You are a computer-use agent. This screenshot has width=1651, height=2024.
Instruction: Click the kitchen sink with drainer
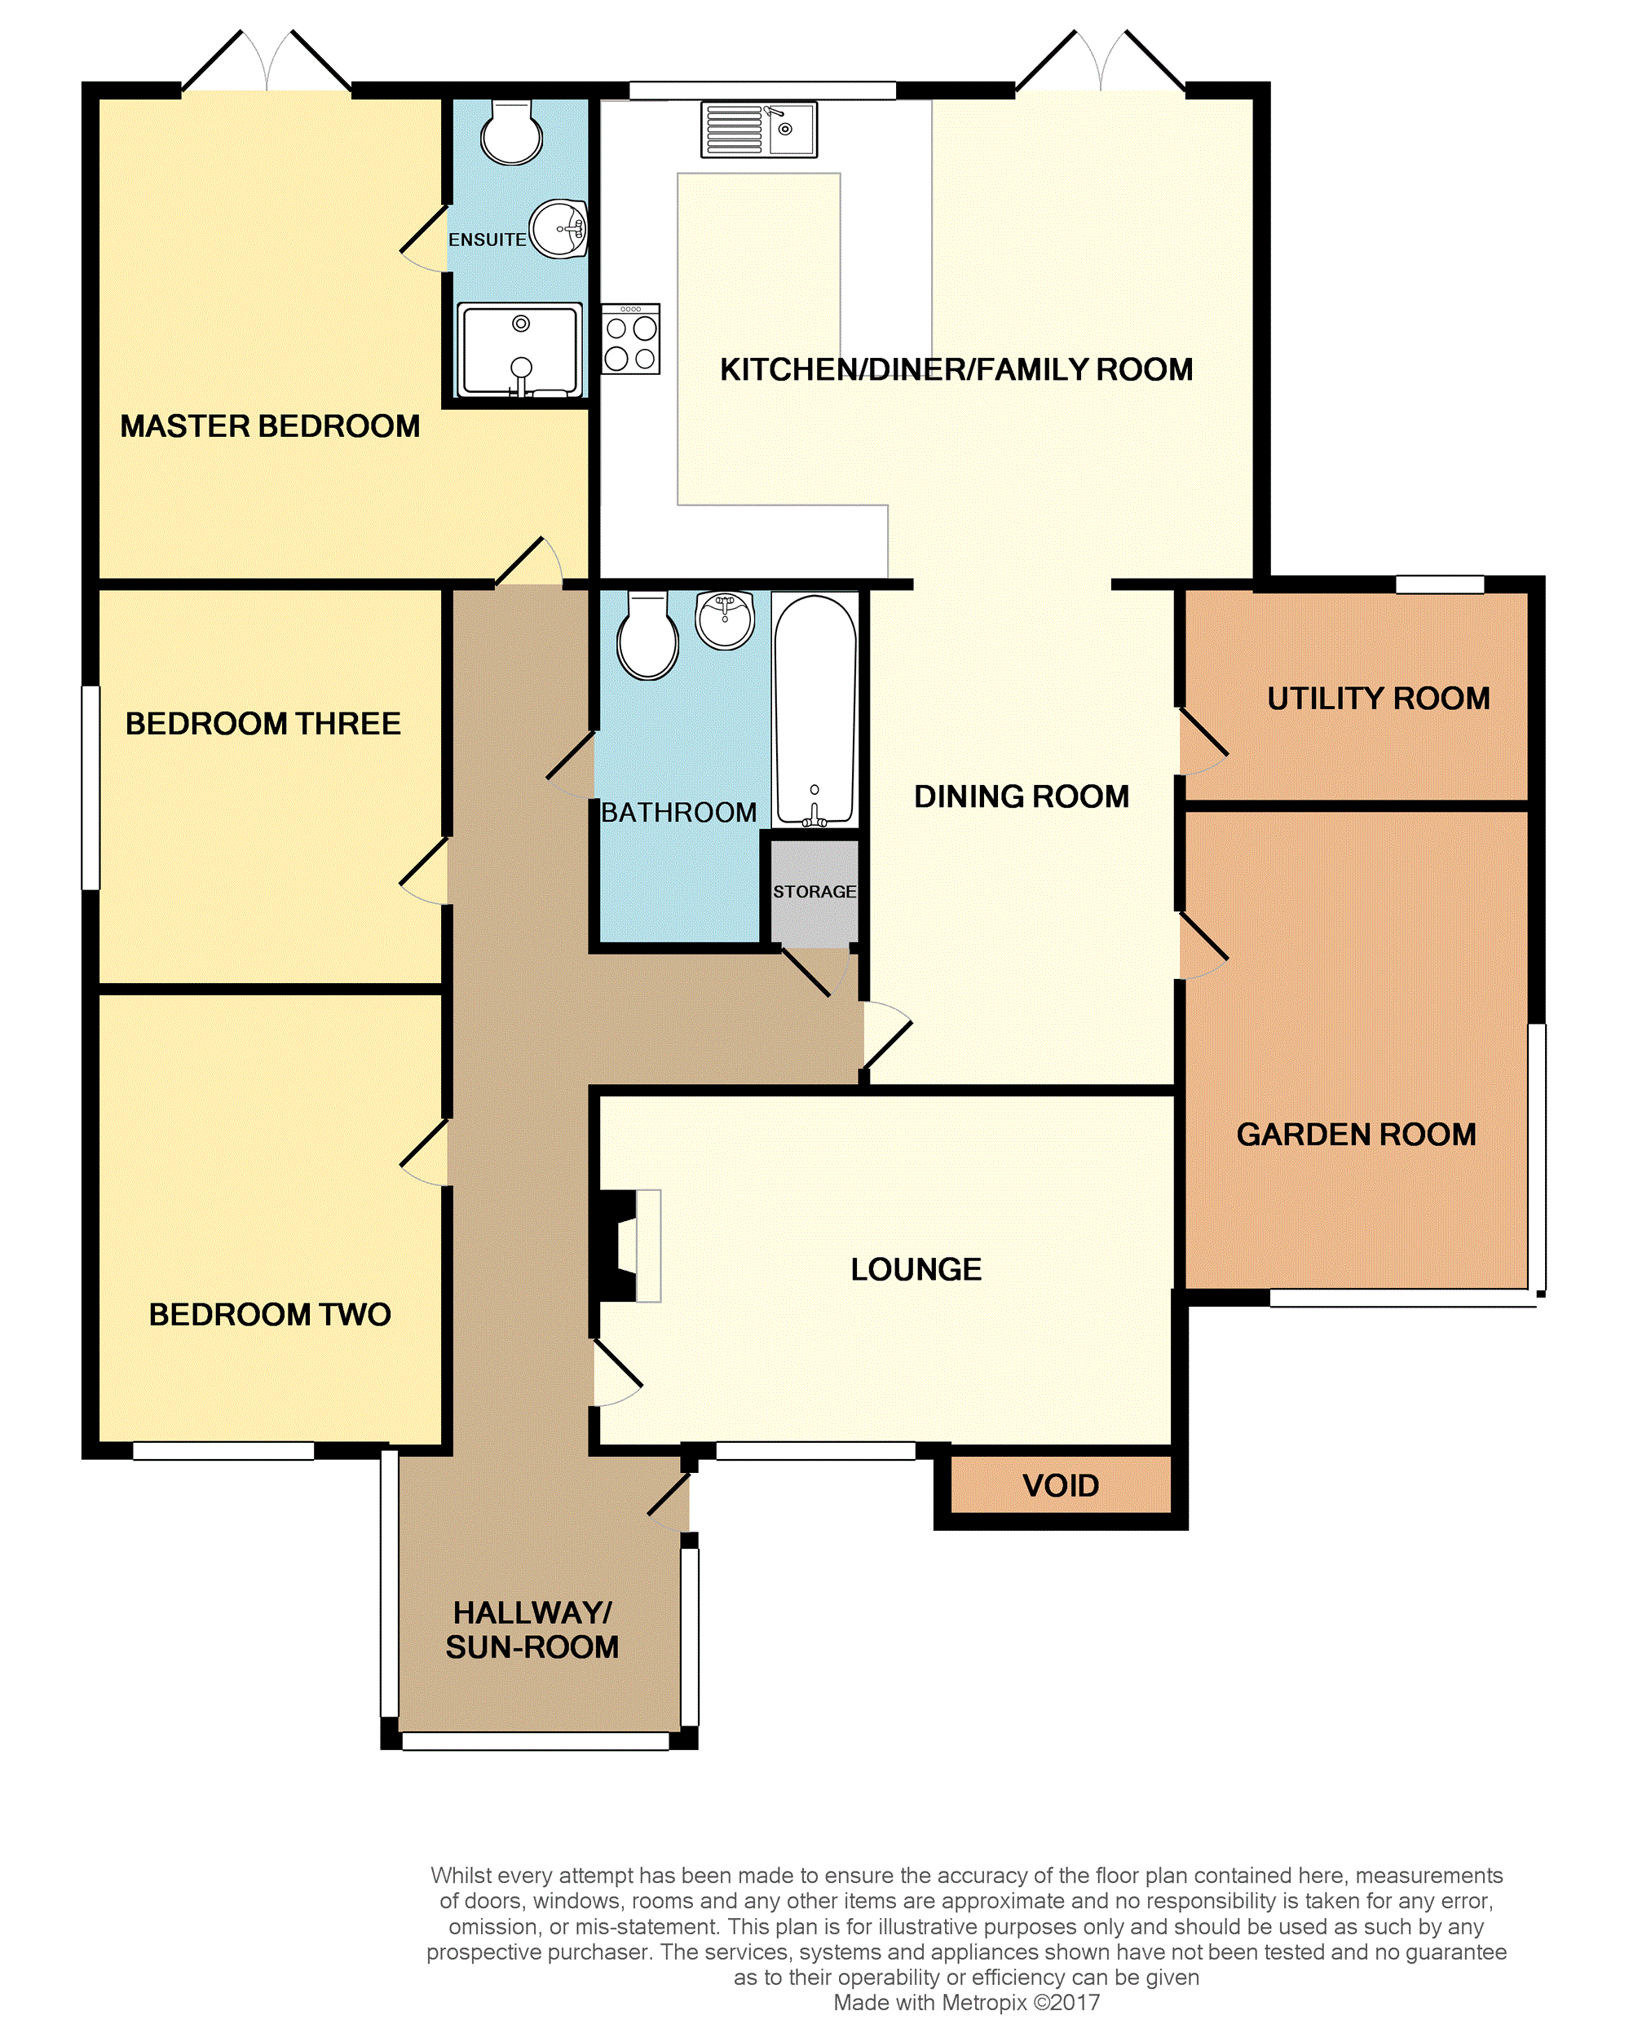click(759, 130)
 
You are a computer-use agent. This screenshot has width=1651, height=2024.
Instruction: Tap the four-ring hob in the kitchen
click(630, 338)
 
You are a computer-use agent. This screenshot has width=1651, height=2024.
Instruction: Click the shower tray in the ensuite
click(519, 349)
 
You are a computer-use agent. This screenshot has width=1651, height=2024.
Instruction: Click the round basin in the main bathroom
click(725, 620)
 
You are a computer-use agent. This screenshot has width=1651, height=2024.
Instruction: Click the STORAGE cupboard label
click(814, 892)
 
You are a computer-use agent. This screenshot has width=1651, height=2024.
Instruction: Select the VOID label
click(1061, 1485)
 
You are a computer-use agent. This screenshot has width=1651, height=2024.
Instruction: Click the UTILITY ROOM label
click(1378, 699)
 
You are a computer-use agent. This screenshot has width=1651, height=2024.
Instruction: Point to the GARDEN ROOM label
click(1356, 1134)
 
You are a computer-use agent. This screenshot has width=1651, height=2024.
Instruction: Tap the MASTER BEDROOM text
click(270, 426)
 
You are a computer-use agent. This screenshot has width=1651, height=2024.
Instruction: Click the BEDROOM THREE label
click(263, 724)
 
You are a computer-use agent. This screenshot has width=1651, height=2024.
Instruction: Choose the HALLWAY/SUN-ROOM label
click(532, 1629)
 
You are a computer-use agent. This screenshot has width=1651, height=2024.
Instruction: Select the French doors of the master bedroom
click(267, 64)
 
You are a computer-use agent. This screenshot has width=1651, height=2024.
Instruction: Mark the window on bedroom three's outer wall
click(91, 788)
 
